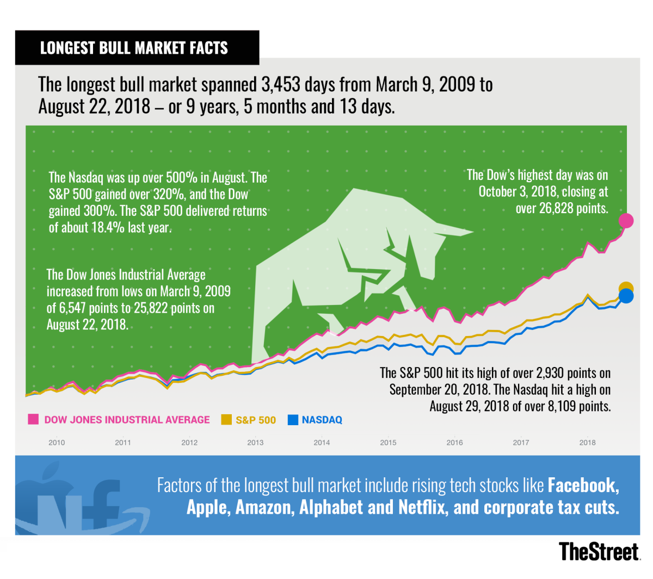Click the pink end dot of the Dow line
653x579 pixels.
pos(626,220)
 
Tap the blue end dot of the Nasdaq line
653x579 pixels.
pos(626,296)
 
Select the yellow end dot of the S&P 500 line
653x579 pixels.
pos(626,288)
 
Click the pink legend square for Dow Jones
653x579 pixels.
pos(33,420)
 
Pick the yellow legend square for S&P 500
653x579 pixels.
pos(226,420)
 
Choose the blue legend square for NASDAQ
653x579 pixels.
pos(293,420)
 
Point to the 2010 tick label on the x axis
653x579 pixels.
pos(57,443)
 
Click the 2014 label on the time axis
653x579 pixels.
pos(322,443)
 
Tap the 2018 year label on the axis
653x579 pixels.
pos(587,443)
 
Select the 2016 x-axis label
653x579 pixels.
pos(454,443)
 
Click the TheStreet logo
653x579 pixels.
pos(599,551)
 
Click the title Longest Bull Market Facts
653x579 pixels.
pos(134,48)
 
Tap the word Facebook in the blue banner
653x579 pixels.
pos(583,485)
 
